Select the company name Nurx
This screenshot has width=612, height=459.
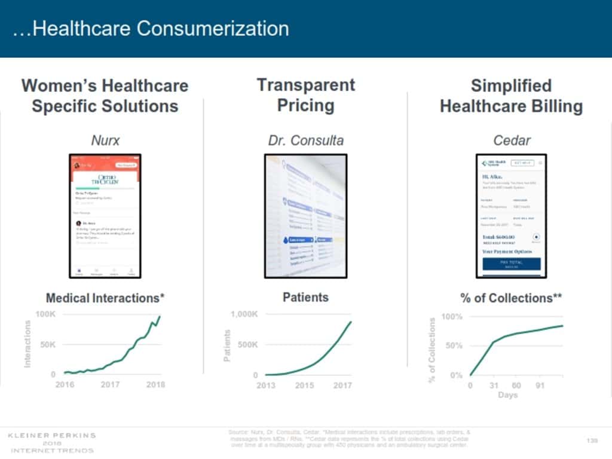point(105,141)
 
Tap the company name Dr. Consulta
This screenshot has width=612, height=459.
point(305,141)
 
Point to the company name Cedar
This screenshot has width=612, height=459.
point(512,141)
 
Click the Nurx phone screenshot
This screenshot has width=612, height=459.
point(105,216)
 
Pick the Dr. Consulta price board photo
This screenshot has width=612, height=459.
point(305,216)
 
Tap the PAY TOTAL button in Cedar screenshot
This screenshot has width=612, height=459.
point(511,264)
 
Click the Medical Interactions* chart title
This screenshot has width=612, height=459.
point(105,298)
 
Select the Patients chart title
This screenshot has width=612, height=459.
point(305,297)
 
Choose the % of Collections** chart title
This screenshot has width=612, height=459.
point(511,298)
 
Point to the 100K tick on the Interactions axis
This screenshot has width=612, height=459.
point(45,314)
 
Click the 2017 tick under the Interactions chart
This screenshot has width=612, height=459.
point(110,385)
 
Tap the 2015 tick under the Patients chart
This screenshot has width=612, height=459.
point(304,385)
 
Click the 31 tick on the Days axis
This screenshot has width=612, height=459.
point(494,385)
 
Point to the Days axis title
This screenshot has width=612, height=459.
point(507,395)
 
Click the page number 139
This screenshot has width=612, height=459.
point(592,440)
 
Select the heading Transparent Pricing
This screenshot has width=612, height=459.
point(305,95)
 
